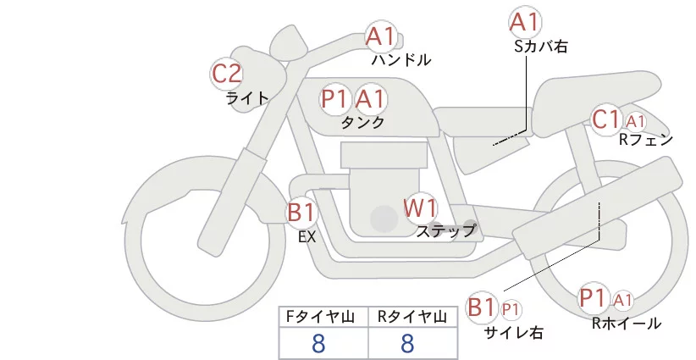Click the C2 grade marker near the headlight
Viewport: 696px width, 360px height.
pyautogui.click(x=227, y=73)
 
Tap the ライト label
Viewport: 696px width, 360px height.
pyautogui.click(x=247, y=97)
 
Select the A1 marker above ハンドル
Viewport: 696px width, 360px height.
pyautogui.click(x=380, y=36)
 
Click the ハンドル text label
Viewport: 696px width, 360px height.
pyautogui.click(x=401, y=60)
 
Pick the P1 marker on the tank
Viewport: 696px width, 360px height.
pyautogui.click(x=335, y=99)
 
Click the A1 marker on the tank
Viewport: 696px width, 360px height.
pyautogui.click(x=370, y=99)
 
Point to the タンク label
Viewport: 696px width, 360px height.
pyautogui.click(x=363, y=122)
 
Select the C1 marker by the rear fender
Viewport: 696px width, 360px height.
pyautogui.click(x=607, y=119)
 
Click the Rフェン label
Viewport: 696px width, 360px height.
pyautogui.click(x=646, y=140)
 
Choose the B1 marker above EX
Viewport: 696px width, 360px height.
pyautogui.click(x=301, y=211)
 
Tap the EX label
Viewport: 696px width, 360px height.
pyautogui.click(x=307, y=237)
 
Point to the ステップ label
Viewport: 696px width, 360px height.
pyautogui.click(x=445, y=230)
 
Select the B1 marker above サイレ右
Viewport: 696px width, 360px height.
pyautogui.click(x=482, y=307)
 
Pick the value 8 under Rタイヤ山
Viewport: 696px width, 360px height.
pyautogui.click(x=407, y=343)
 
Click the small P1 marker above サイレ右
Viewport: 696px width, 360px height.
pyautogui.click(x=511, y=308)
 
